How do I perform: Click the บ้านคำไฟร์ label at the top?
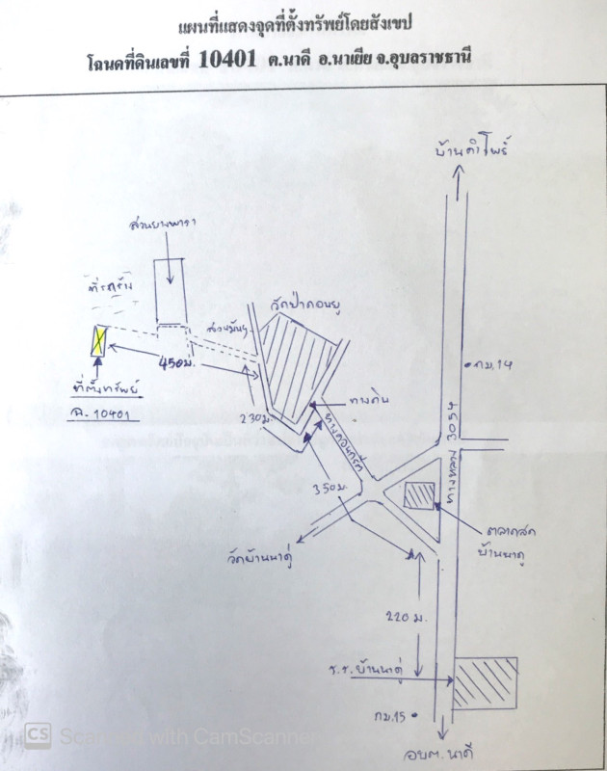coord(472,152)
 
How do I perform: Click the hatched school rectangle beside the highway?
coord(486,682)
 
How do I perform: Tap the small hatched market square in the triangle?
coord(421,495)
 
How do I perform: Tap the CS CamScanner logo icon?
coord(37,735)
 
